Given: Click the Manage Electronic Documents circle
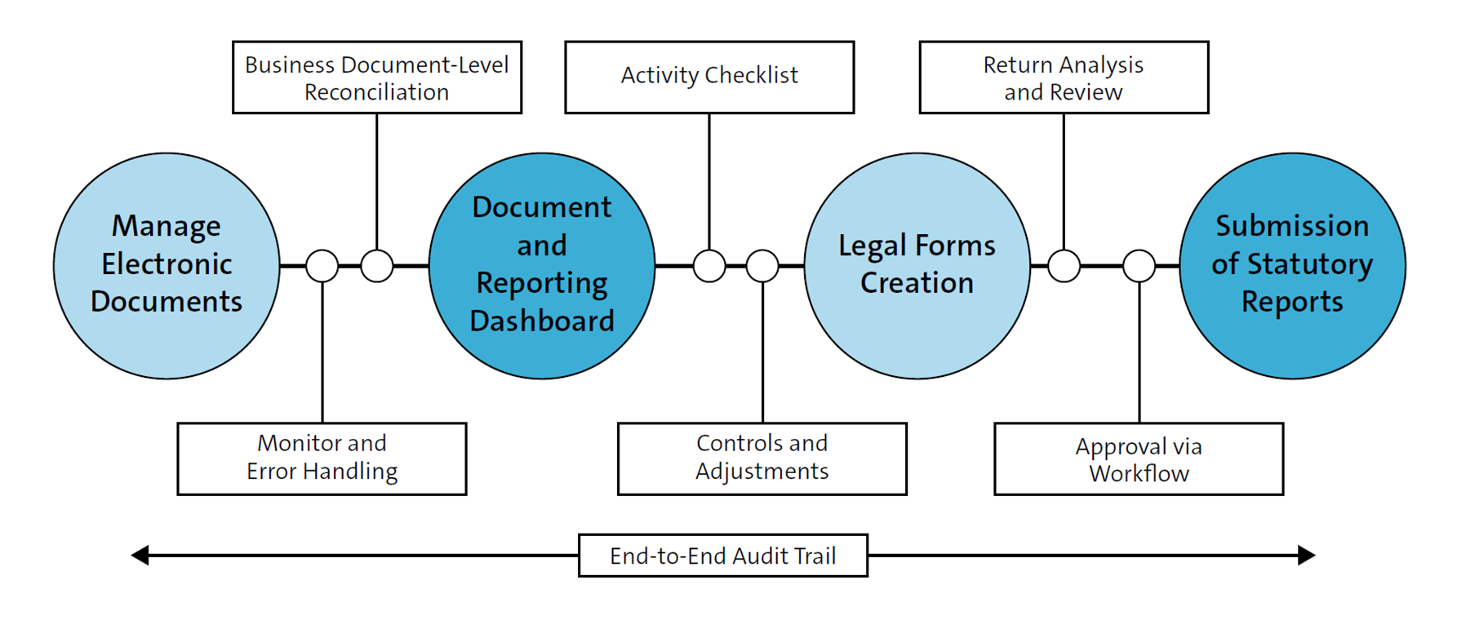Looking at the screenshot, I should [167, 265].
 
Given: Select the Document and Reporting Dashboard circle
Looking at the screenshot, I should [542, 265].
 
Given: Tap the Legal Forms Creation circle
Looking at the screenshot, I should [917, 265].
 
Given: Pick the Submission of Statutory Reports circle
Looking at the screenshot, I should [1292, 265].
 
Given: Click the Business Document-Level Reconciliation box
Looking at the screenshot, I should [376, 77].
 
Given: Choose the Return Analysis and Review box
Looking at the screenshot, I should [1064, 77].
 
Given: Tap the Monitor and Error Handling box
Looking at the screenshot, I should [322, 458].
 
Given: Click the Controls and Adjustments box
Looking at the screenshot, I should [762, 458].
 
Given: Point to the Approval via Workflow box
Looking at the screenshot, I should [1139, 458].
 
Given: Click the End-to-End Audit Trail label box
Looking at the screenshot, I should [722, 556].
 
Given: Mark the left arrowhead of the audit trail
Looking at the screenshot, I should [140, 556].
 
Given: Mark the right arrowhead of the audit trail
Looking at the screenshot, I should [1306, 556].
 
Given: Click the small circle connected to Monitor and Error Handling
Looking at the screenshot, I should [322, 266].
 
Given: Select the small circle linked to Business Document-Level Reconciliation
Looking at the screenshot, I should [377, 266].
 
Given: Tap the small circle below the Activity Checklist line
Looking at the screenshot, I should [709, 266].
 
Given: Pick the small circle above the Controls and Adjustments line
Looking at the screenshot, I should [762, 266].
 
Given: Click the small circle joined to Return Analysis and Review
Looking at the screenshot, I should [1064, 266].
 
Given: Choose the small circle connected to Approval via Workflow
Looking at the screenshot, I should [1139, 266].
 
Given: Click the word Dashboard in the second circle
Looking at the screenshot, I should [542, 321].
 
